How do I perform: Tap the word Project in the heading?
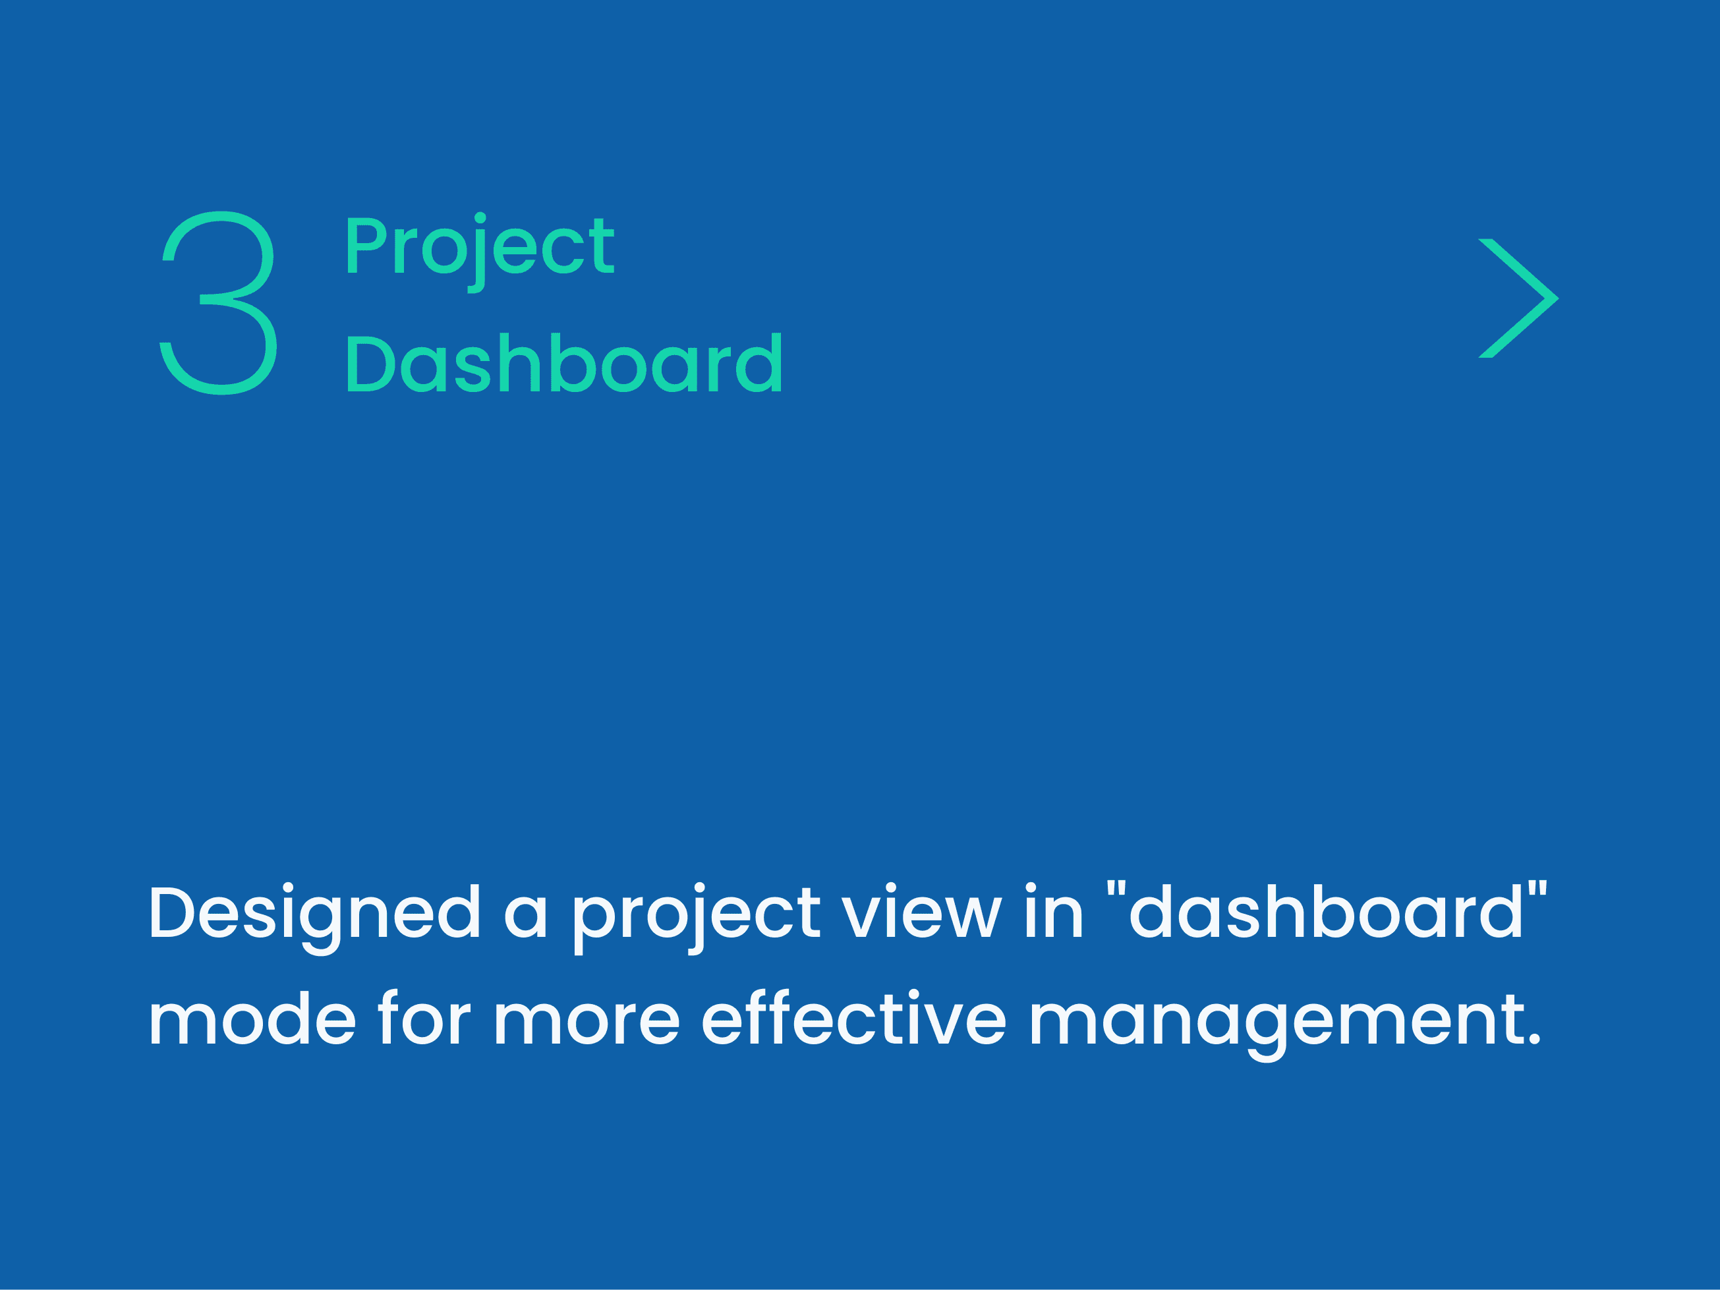(480, 252)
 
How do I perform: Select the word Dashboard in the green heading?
(563, 363)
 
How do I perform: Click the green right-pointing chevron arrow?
(1518, 298)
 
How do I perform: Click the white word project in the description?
(697, 918)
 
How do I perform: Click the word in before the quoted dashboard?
(1054, 911)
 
